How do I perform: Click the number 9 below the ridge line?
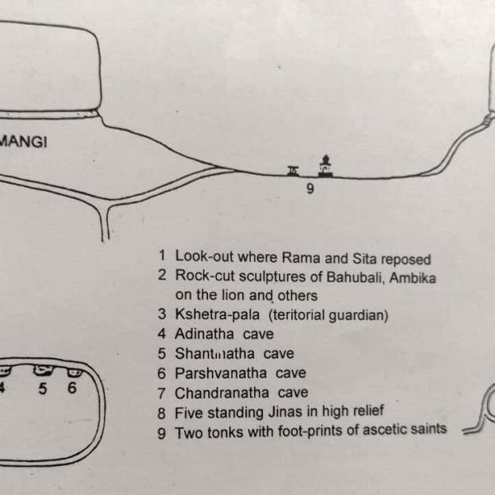(310, 189)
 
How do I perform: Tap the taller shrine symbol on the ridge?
(326, 166)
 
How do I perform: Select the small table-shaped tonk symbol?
(293, 171)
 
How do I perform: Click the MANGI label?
(23, 141)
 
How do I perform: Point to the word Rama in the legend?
(301, 257)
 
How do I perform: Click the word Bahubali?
(356, 277)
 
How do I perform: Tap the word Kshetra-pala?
(217, 314)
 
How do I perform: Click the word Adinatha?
(205, 333)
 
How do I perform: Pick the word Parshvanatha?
(220, 373)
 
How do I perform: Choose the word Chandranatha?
(222, 393)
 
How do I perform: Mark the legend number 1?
(162, 255)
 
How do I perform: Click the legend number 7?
(162, 394)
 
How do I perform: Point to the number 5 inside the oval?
(43, 389)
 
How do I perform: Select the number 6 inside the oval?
(72, 388)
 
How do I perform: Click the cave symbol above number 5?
(43, 370)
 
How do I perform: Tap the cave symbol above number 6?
(74, 372)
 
